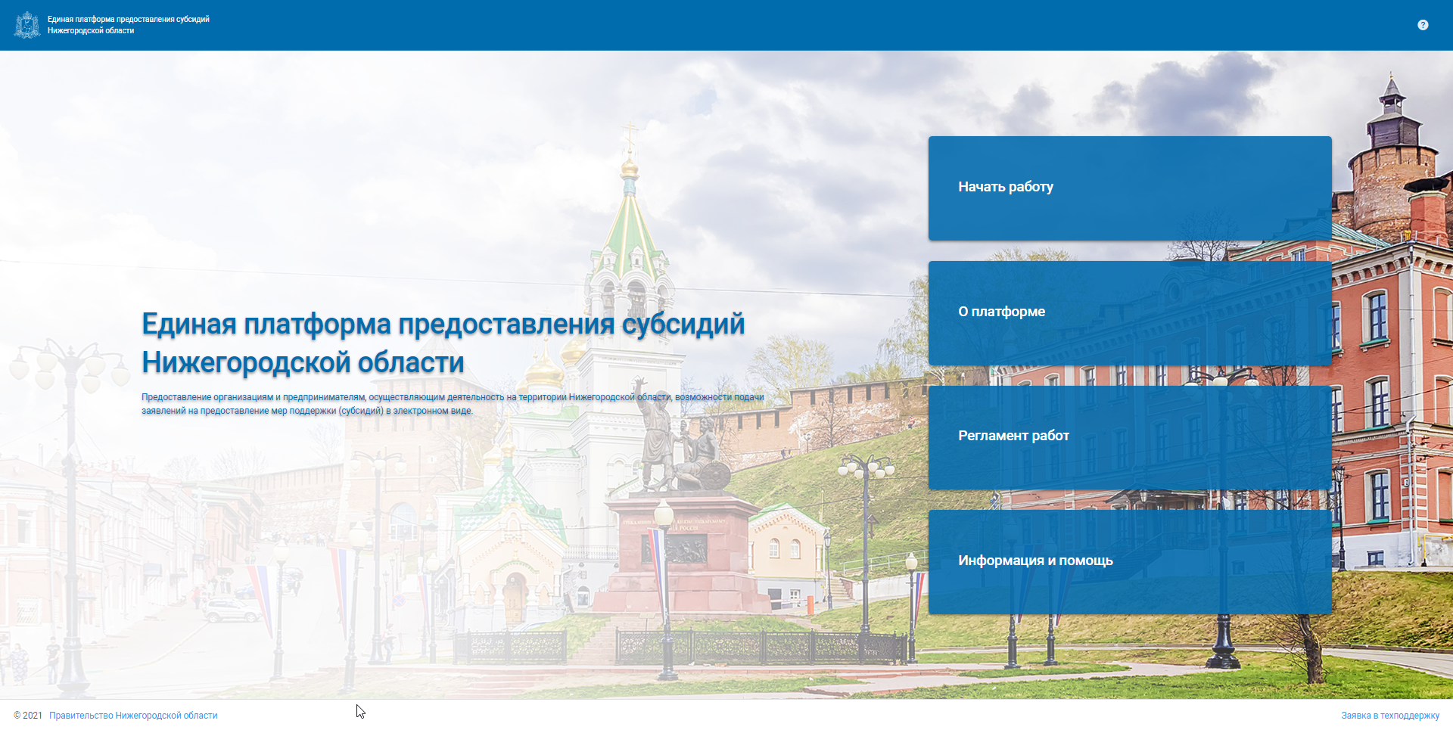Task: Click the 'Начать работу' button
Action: click(1130, 188)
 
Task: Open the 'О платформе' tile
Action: click(1130, 313)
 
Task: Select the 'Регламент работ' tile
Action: click(1130, 437)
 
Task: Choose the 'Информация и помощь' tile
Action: click(1130, 561)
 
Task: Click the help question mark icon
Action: click(1423, 25)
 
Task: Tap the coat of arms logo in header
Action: click(28, 25)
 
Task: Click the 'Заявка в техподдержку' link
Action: click(1390, 716)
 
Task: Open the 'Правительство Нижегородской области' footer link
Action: click(133, 716)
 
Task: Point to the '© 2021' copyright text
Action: click(28, 716)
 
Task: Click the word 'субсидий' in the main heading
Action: click(683, 325)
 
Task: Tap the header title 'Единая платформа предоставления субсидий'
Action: click(129, 20)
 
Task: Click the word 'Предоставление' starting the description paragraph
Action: click(176, 397)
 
